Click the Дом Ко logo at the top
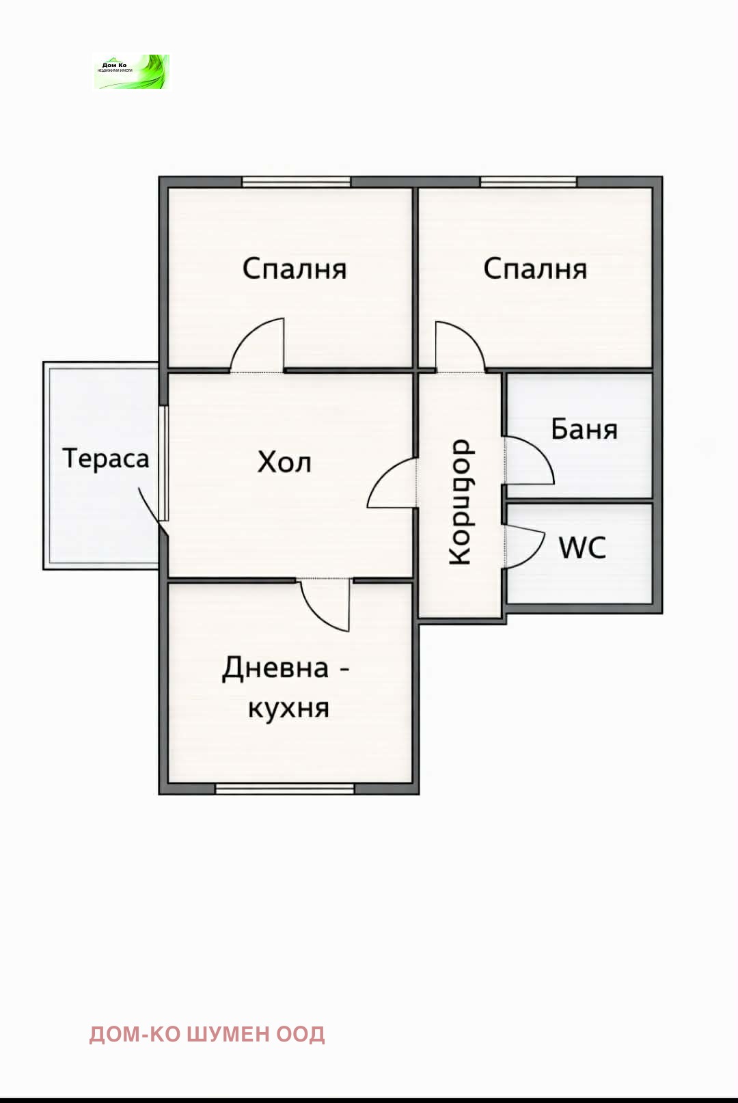point(131,72)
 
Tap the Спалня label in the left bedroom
point(295,269)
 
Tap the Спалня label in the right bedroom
point(535,269)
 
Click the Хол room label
point(284,463)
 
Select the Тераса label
point(106,458)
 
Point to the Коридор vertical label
point(461,502)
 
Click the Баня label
point(584,429)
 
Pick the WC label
point(582,547)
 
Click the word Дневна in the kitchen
point(275,667)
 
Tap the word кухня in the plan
point(288,708)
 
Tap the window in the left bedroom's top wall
point(296,182)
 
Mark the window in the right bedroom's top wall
point(528,182)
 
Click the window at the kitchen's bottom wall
point(285,789)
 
